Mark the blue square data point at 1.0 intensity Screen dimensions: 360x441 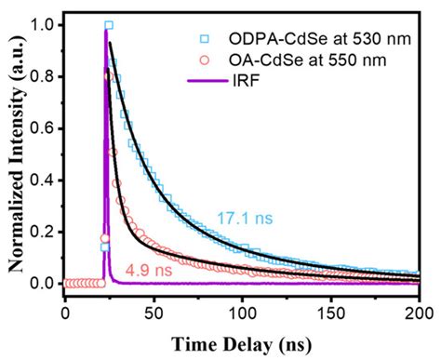point(109,25)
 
